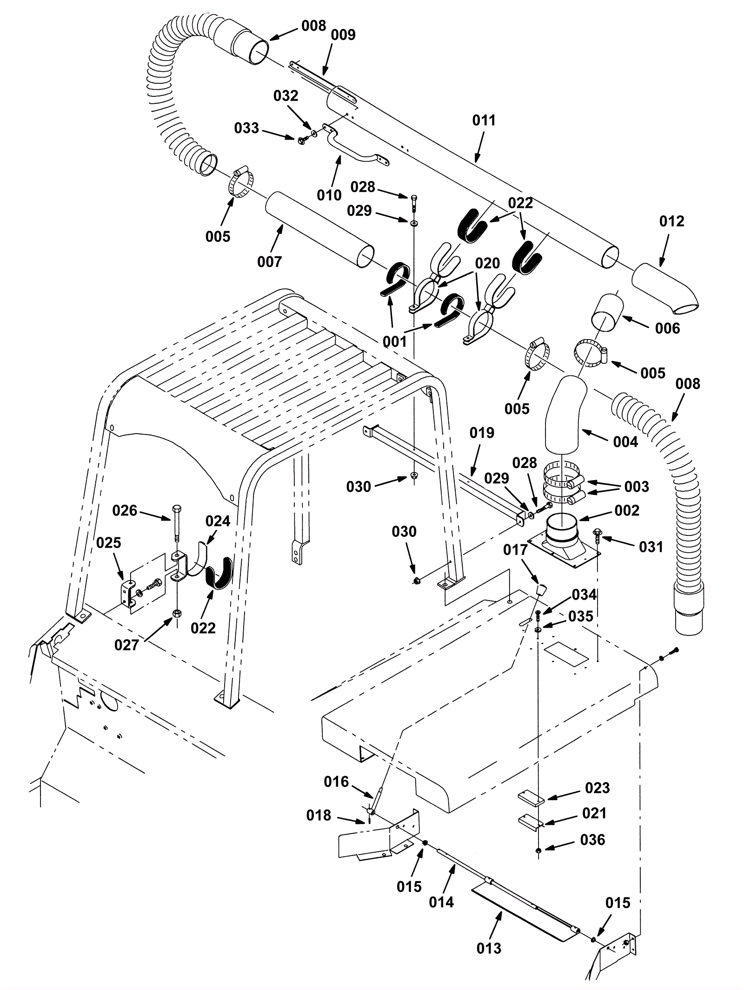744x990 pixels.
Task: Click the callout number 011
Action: click(484, 120)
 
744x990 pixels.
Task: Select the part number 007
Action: click(270, 262)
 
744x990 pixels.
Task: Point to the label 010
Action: click(329, 195)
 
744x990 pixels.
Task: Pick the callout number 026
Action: click(125, 511)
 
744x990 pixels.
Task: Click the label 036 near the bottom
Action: click(593, 840)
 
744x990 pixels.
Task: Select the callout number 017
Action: click(516, 550)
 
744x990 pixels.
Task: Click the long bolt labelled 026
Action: click(177, 523)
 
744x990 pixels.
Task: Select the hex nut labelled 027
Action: click(177, 613)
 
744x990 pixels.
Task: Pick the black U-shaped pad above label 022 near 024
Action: click(219, 572)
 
